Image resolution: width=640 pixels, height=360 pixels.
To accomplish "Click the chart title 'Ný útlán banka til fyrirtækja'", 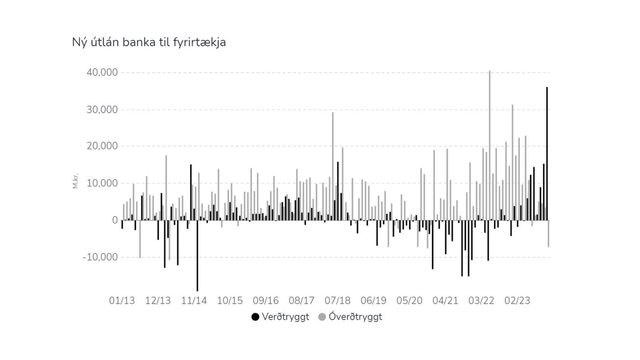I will click(149, 43).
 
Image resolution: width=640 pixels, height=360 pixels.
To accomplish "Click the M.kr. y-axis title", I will click(76, 180).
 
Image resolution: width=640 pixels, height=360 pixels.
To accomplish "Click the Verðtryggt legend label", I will click(286, 317).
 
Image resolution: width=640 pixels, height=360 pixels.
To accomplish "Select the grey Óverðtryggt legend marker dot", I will click(322, 317).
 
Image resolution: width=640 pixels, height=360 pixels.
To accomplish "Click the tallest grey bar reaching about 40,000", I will click(489, 145).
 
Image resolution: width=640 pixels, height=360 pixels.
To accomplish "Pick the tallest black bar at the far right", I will click(547, 154).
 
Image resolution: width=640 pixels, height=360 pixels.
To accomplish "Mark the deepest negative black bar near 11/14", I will click(197, 256).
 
